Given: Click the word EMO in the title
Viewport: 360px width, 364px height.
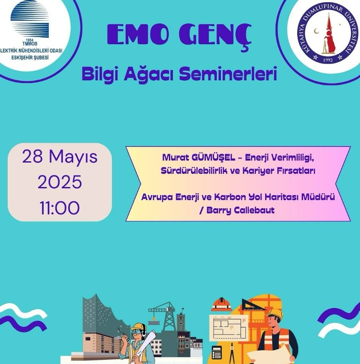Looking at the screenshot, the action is [x=137, y=34].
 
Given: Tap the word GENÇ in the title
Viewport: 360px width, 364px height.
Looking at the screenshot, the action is [x=215, y=36].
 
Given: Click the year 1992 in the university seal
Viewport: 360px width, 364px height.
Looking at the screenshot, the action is [x=328, y=61].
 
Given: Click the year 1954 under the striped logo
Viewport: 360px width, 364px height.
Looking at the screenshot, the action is [x=30, y=40].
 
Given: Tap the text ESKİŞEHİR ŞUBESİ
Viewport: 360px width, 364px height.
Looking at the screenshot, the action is [x=30, y=57].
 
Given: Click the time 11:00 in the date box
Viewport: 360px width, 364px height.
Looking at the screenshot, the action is [x=60, y=208].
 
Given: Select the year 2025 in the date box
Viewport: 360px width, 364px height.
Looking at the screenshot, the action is [x=60, y=182].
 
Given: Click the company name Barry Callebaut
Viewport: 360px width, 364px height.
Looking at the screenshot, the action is [x=240, y=210].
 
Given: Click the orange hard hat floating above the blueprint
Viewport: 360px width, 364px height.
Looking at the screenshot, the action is [x=221, y=304].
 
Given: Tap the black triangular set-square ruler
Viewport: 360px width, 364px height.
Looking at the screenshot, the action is [x=252, y=304].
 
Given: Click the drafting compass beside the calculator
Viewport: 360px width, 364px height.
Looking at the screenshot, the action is [x=232, y=355].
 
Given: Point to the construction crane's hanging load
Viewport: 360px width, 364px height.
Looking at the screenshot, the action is [x=153, y=322].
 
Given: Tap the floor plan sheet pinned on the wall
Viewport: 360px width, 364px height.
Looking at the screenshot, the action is [x=228, y=328].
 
